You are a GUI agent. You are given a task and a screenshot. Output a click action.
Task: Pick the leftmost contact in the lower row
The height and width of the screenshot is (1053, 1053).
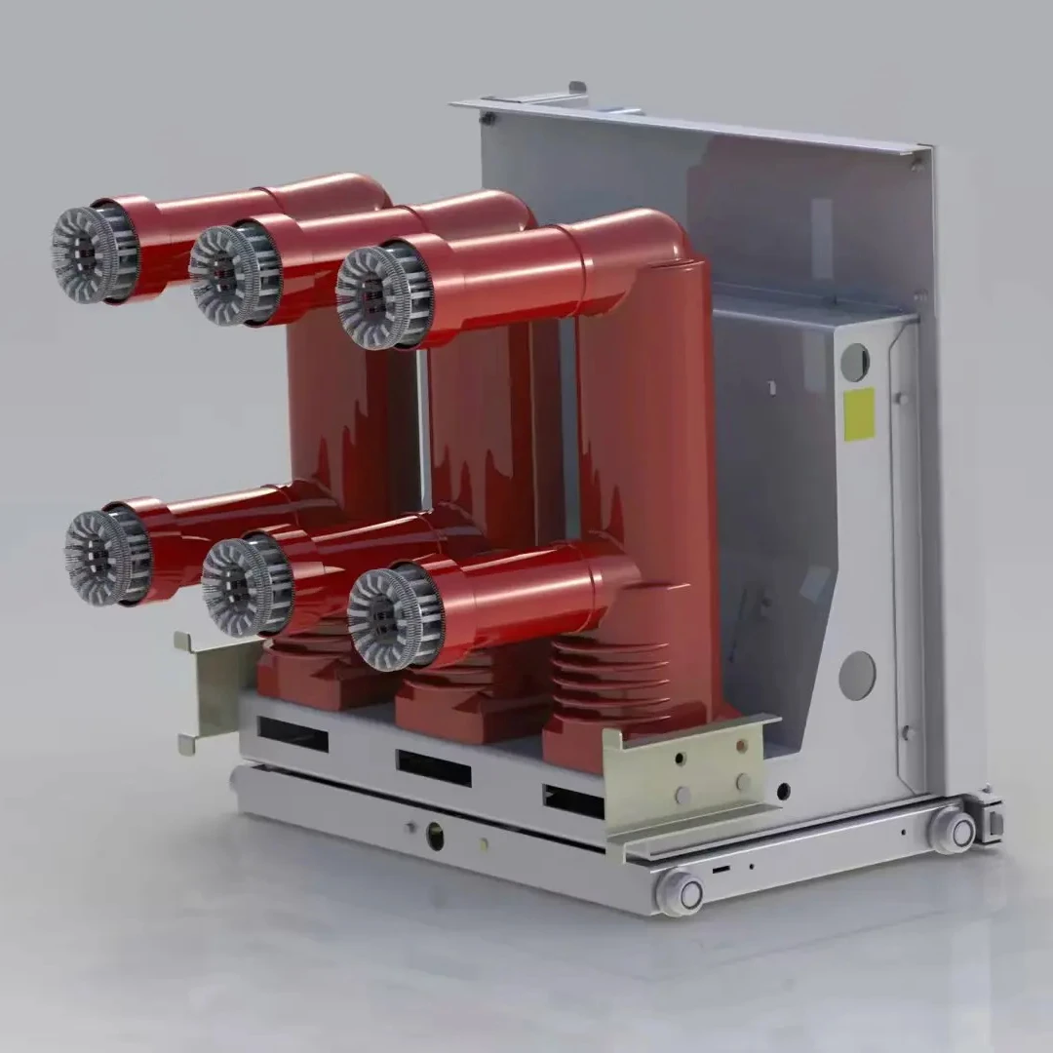coord(106,557)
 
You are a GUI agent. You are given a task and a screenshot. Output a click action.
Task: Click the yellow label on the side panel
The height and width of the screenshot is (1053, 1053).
coord(858,413)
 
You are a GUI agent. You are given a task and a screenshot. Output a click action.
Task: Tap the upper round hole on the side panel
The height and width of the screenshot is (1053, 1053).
coord(854,362)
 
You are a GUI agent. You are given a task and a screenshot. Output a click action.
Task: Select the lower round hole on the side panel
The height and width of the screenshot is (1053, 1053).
coord(857,675)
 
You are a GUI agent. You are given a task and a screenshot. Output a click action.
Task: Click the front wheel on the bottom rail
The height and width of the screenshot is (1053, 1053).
coord(680,891)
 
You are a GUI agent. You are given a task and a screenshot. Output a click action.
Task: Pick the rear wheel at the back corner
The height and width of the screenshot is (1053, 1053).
coord(953,830)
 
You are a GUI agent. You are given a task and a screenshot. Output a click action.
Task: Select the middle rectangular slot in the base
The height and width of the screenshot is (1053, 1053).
coord(433,767)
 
